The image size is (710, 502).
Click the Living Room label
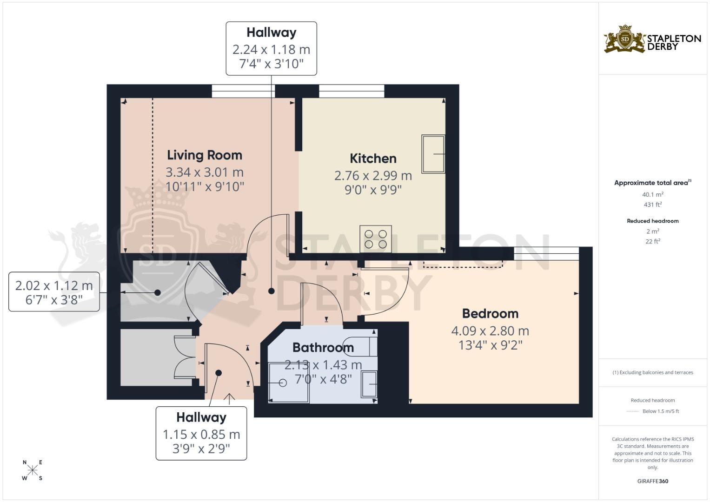(205, 155)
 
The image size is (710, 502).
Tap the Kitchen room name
(373, 159)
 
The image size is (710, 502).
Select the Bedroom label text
(490, 314)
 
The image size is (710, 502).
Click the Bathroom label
(323, 348)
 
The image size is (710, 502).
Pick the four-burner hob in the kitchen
(376, 239)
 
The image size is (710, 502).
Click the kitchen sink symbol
(433, 154)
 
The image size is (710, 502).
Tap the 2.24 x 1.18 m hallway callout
(271, 48)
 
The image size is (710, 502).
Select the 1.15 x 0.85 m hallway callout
(201, 433)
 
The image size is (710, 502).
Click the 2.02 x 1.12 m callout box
(54, 292)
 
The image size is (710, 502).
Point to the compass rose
(33, 470)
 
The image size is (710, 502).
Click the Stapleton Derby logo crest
(625, 40)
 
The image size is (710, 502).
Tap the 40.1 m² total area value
(652, 195)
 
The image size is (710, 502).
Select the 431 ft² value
(652, 205)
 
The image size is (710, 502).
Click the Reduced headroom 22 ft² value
(652, 241)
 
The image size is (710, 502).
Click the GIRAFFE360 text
(652, 481)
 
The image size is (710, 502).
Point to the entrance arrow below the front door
(229, 398)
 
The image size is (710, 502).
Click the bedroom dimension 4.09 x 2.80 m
(490, 331)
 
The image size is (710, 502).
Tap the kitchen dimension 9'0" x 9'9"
(373, 190)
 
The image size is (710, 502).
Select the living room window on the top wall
(243, 91)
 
